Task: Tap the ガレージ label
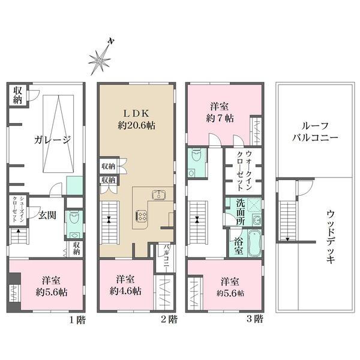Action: tap(52, 140)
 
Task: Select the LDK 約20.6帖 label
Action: tap(136, 119)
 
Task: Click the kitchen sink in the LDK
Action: tap(159, 194)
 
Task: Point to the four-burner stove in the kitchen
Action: tap(142, 216)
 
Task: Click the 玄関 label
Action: tap(47, 215)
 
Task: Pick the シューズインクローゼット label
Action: tap(18, 209)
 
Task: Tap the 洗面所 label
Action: tap(241, 212)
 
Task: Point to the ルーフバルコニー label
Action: tap(315, 132)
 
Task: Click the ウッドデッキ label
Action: tap(331, 236)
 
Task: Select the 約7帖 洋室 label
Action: tap(220, 113)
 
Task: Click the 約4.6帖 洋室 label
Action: tap(125, 286)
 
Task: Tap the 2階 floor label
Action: tap(169, 319)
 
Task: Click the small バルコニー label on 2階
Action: tap(167, 256)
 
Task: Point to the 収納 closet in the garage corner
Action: tap(17, 95)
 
